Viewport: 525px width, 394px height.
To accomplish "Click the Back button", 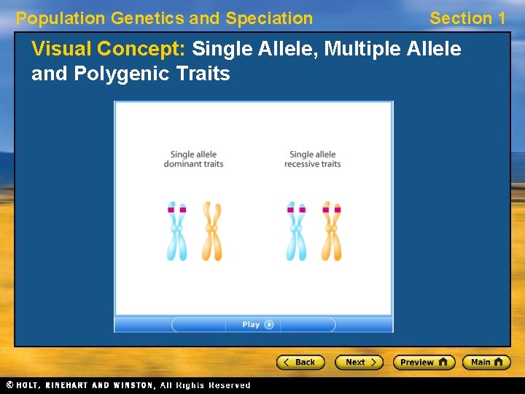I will (x=299, y=362).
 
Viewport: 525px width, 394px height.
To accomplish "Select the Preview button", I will (x=424, y=362).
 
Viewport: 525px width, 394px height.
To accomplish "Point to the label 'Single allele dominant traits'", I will (x=193, y=159).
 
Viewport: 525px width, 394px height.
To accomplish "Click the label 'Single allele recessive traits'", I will (x=313, y=159).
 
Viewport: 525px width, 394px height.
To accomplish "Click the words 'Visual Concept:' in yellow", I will (x=109, y=49).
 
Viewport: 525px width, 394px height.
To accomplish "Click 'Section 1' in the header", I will (x=467, y=18).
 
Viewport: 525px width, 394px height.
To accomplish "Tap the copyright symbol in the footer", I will (x=10, y=385).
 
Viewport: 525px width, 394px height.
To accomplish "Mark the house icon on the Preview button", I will (x=443, y=362).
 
